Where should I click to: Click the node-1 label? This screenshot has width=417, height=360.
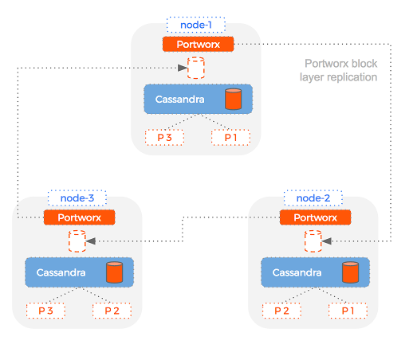(x=196, y=25)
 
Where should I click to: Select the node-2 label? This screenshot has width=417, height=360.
(x=313, y=198)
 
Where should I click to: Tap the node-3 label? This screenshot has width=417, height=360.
(x=78, y=198)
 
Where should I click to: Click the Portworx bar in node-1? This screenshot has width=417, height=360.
(x=196, y=44)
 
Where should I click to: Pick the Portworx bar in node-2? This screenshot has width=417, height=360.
(x=313, y=217)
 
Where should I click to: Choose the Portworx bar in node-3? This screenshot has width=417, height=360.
(x=78, y=217)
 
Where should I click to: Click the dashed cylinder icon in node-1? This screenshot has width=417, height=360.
(x=195, y=68)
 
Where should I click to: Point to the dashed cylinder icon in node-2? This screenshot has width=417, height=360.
(x=313, y=241)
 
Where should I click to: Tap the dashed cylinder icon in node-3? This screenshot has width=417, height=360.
(x=77, y=241)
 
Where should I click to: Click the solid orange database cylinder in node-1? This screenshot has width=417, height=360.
(x=232, y=100)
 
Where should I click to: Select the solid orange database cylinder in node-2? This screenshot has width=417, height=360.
(x=349, y=273)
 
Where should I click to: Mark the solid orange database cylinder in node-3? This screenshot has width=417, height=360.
(x=114, y=273)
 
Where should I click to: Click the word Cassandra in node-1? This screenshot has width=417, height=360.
(x=179, y=100)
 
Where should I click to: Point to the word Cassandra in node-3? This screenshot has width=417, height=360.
(x=62, y=272)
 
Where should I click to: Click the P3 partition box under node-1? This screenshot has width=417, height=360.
(x=165, y=137)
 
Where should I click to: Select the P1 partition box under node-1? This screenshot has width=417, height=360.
(x=230, y=137)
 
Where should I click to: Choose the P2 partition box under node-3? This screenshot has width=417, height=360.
(x=112, y=310)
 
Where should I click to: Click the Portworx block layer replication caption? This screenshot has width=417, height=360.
(x=340, y=71)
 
